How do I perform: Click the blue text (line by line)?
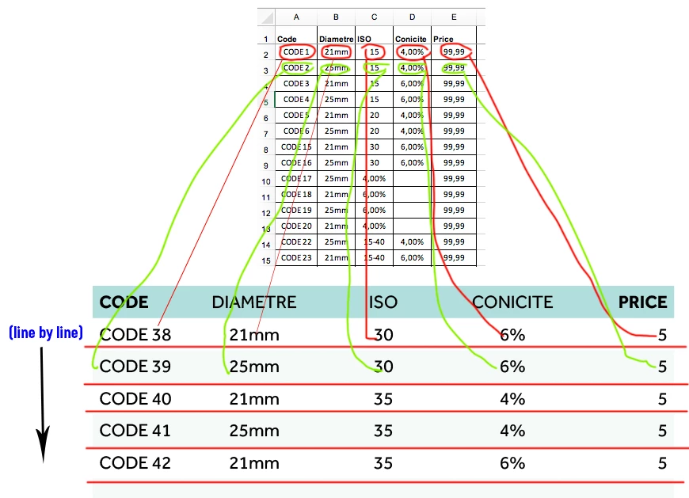coord(46,333)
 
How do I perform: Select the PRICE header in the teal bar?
coord(643,302)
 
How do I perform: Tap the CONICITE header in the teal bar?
coord(512,302)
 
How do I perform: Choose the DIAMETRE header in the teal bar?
coord(253,302)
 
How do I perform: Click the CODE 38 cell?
coord(135,335)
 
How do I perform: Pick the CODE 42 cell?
coord(135,462)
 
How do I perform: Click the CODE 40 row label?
coord(135,399)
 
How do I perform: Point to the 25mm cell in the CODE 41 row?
coord(254,431)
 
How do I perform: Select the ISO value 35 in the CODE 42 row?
coord(383,462)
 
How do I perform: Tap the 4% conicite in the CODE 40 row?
coord(512,399)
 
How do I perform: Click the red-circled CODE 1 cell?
coord(296,52)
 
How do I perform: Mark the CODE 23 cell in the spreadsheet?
coord(296,257)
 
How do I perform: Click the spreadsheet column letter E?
coord(453,17)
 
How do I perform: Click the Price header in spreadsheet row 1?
coord(443,39)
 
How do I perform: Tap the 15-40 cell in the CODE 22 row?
coord(374,241)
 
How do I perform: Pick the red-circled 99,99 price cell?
coord(454,52)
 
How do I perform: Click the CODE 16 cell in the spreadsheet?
coord(296,162)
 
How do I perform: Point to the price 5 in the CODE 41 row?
coord(662,431)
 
